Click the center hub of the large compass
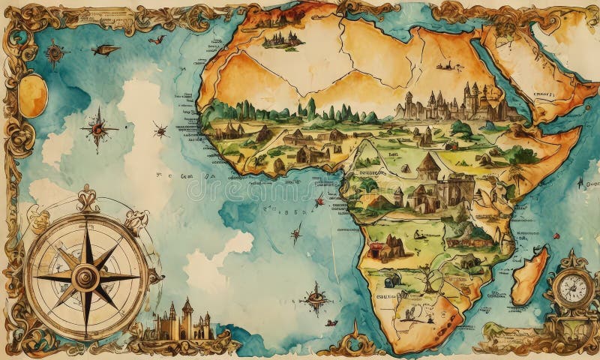point(86,277)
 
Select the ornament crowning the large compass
point(86,199)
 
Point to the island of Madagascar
point(531,276)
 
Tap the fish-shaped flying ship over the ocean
point(106,50)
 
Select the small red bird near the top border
point(157,39)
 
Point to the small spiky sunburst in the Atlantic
point(160,131)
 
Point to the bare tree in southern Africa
point(428,279)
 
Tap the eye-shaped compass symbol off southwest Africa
point(316,299)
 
